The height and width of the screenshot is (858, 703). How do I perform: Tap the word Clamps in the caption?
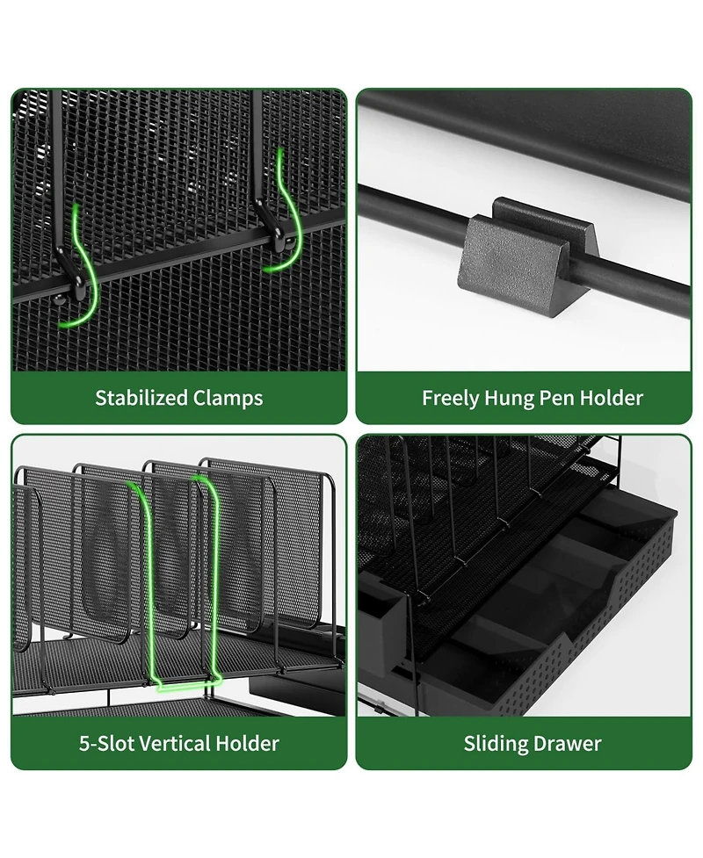231,399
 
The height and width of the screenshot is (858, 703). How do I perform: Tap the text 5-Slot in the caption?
106,743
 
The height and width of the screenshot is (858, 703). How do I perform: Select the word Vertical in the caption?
175,743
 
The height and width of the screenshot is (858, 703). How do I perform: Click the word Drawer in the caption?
567,743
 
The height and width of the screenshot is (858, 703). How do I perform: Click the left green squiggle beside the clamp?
81,268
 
